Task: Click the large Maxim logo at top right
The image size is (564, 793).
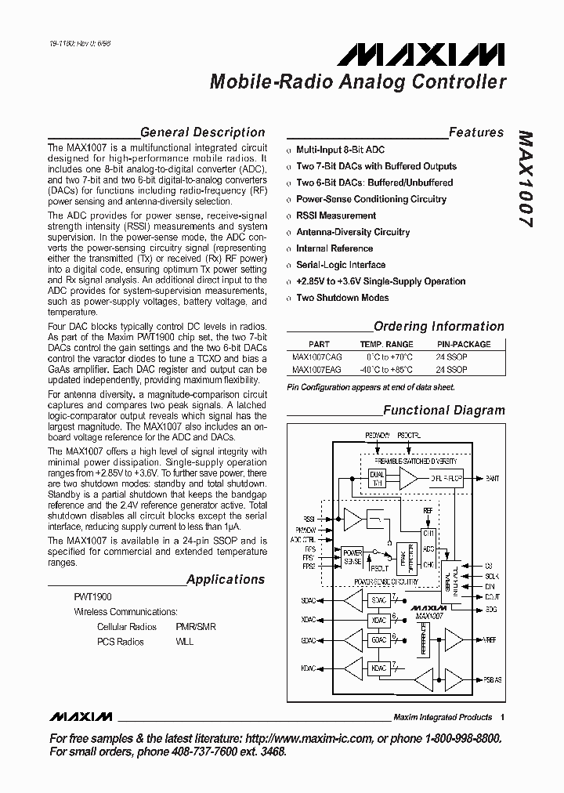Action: (x=422, y=54)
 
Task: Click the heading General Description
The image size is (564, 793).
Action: (x=202, y=132)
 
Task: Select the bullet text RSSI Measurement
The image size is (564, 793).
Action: (x=336, y=215)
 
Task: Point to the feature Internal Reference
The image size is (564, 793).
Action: (x=334, y=248)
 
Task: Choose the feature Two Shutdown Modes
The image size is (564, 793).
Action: (x=342, y=298)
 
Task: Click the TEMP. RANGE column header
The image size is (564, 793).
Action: (x=386, y=344)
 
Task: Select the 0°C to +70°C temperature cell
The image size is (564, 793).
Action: (x=386, y=357)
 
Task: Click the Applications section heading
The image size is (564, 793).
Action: (x=226, y=580)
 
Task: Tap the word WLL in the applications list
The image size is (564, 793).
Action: (x=185, y=642)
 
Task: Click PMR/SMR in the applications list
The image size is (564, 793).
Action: (x=196, y=627)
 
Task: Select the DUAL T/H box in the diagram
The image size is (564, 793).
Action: (x=377, y=478)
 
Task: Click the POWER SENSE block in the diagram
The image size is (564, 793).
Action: (x=352, y=557)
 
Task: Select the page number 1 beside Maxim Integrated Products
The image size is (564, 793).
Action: (x=502, y=717)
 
